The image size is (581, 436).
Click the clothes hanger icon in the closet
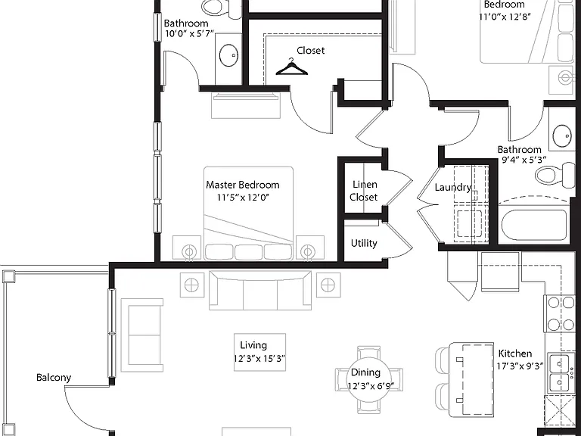click(x=291, y=67)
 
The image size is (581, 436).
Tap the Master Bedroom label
click(x=243, y=185)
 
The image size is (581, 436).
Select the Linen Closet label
click(x=364, y=191)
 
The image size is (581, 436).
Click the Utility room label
click(x=364, y=243)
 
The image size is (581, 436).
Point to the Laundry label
click(x=453, y=187)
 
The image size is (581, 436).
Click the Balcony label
click(x=54, y=378)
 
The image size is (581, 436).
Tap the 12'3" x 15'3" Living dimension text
click(x=259, y=359)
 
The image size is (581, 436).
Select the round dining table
click(x=368, y=380)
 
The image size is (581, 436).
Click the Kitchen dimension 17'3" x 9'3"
click(x=520, y=366)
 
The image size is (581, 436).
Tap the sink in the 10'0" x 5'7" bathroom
click(x=228, y=54)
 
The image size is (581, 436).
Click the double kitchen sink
click(x=559, y=373)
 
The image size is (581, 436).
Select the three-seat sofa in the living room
click(x=260, y=291)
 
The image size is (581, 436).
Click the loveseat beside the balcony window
click(x=142, y=335)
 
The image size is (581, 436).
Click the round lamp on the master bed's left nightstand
click(x=188, y=252)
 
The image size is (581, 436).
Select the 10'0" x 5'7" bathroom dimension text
click(x=189, y=34)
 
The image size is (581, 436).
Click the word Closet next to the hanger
click(x=310, y=51)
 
